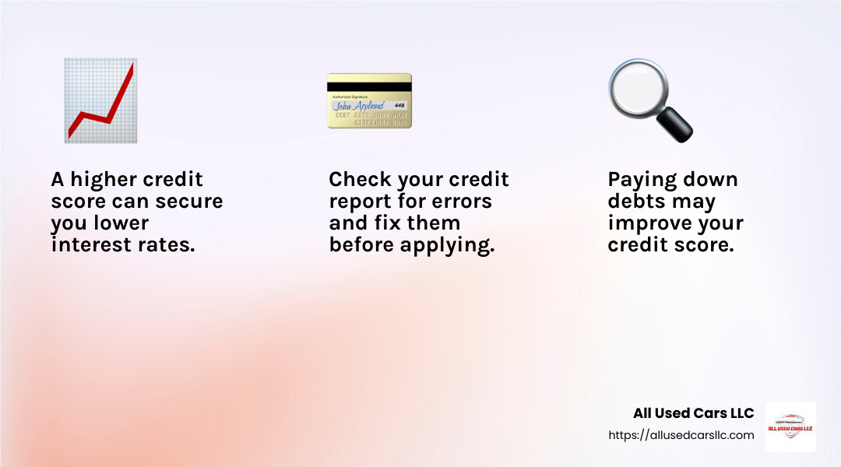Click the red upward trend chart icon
100,100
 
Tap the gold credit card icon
369,100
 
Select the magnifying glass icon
649,100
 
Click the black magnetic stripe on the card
369,87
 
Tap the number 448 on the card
399,105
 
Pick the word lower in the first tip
122,223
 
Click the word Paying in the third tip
639,180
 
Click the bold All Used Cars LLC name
693,413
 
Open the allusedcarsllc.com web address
681,435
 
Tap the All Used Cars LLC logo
790,427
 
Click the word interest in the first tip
90,245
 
